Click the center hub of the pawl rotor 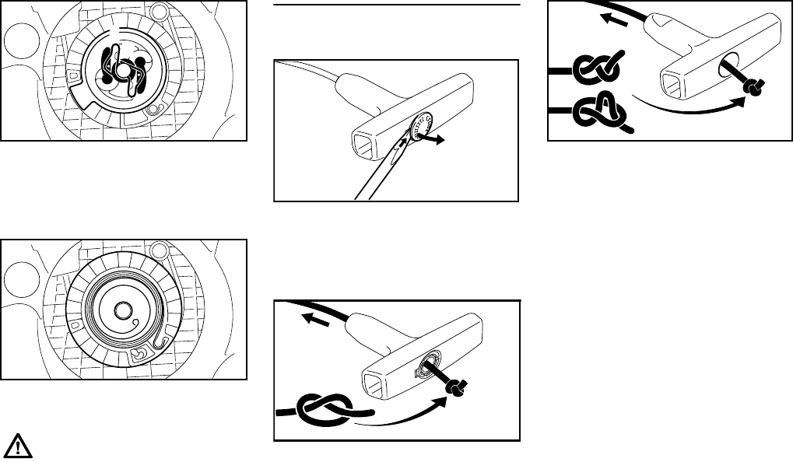point(123,69)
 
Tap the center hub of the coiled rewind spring point(121,310)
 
